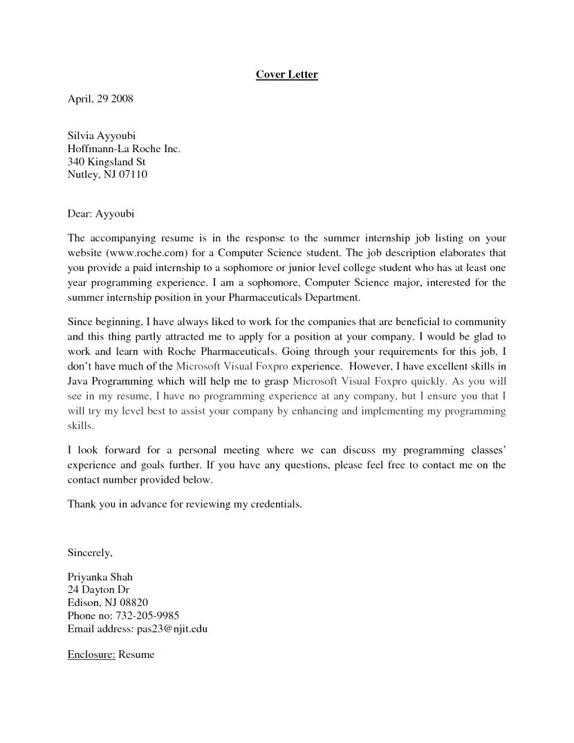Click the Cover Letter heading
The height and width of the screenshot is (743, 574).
286,74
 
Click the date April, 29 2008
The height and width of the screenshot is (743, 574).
100,99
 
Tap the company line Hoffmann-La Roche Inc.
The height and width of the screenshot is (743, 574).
124,149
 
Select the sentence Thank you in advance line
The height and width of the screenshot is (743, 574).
185,504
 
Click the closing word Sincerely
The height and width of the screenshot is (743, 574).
89,553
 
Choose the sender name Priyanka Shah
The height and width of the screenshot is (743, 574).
100,577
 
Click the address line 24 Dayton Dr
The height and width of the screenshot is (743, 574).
98,590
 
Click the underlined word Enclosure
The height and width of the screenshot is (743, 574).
91,654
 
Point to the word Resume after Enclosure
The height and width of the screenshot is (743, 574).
136,654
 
